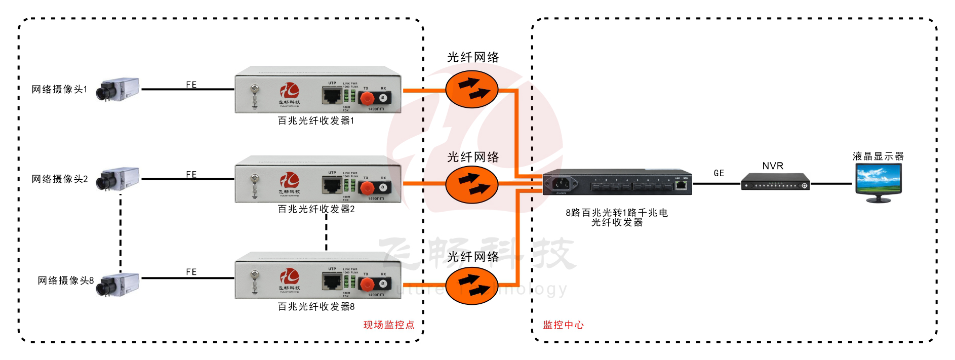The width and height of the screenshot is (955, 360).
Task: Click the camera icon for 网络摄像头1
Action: pyautogui.click(x=118, y=90)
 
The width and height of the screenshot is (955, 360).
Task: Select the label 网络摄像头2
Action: pyautogui.click(x=60, y=179)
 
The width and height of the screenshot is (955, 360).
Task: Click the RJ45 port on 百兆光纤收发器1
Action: pyautogui.click(x=332, y=95)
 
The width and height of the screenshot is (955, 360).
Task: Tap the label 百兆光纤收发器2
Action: pyautogui.click(x=316, y=209)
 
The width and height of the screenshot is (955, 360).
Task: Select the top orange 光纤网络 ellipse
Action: pyautogui.click(x=472, y=89)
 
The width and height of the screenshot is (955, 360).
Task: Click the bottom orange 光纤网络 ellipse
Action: pyautogui.click(x=472, y=286)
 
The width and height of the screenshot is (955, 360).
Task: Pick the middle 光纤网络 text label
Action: pyautogui.click(x=473, y=157)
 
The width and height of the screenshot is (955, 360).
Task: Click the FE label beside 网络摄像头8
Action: pyautogui.click(x=191, y=272)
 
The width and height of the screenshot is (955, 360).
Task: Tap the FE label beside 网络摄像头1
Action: pyautogui.click(x=191, y=85)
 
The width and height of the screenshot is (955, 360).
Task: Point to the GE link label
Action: pyautogui.click(x=719, y=173)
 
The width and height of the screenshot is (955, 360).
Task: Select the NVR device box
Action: pyautogui.click(x=775, y=182)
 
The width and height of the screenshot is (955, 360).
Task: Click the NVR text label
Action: pyautogui.click(x=773, y=166)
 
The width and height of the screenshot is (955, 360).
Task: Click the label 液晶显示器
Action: pyautogui.click(x=878, y=156)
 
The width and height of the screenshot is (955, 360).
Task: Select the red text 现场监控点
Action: pyautogui.click(x=389, y=325)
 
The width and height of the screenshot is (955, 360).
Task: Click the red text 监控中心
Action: pyautogui.click(x=563, y=325)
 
